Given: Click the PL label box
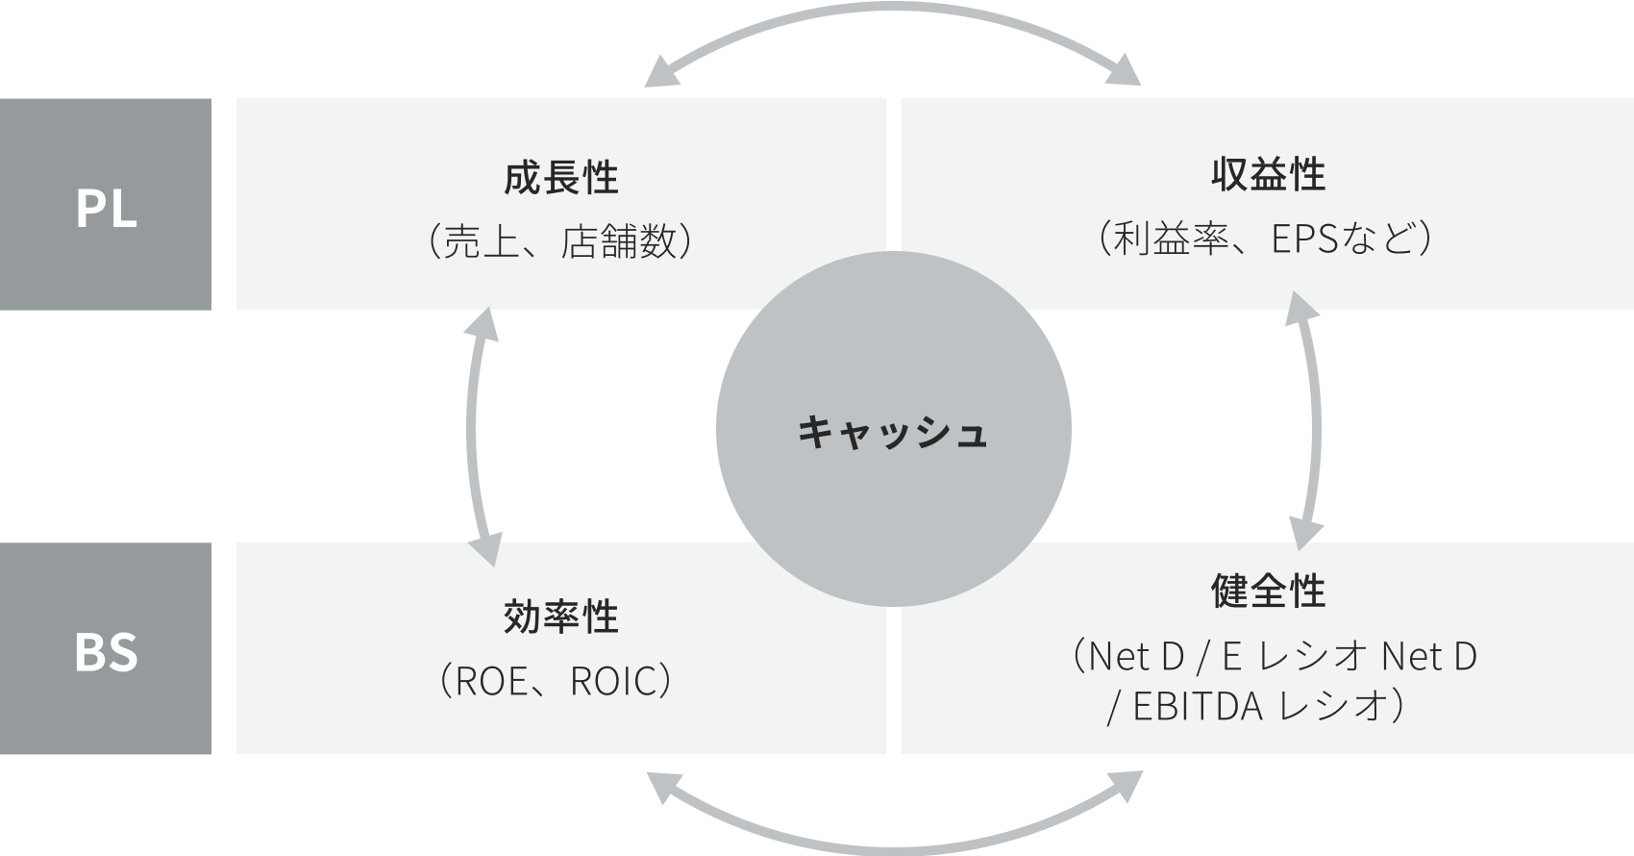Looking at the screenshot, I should [106, 204].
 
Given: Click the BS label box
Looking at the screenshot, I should [106, 648].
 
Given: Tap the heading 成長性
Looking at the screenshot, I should [560, 179].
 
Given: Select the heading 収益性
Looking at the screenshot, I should [1268, 176].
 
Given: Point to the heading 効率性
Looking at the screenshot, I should [560, 617].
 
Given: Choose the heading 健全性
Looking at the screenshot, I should [1268, 592].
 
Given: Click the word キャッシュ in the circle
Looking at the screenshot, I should [893, 432].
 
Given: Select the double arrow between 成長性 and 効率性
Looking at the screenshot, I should [474, 433].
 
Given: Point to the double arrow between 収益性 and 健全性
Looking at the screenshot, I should [1313, 423].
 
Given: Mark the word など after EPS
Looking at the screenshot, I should [1377, 239].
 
